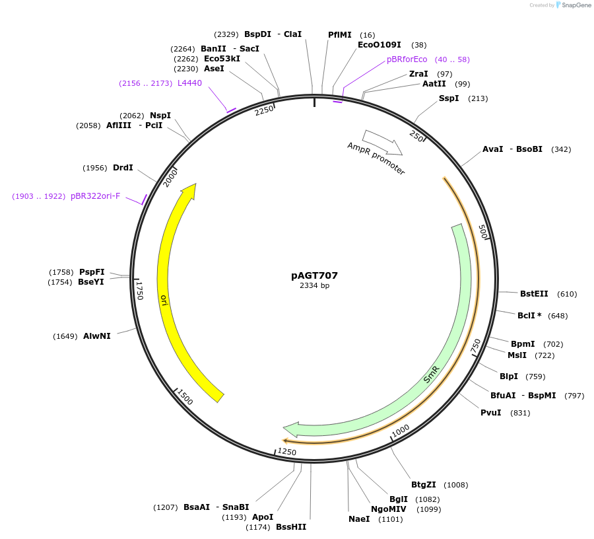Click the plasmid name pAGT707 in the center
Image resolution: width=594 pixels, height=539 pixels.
pos(314,275)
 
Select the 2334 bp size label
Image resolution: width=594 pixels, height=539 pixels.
pos(314,286)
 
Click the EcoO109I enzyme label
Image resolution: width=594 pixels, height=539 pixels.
pos(379,45)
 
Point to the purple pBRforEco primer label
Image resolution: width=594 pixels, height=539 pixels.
pos(407,59)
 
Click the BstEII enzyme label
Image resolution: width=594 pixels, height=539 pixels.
pos(534,294)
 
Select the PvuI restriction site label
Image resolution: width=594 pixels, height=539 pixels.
pos(490,413)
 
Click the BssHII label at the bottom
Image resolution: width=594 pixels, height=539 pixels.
pos(291,527)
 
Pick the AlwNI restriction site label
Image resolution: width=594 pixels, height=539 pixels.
pos(97,336)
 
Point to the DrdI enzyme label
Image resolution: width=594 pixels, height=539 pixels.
pos(123,168)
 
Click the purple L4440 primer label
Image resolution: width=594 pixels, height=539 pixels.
pos(189,83)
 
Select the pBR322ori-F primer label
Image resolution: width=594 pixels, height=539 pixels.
pos(96,196)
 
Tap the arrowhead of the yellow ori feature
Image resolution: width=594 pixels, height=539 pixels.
pos(190,190)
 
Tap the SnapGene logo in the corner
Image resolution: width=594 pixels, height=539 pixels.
pos(571,5)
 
